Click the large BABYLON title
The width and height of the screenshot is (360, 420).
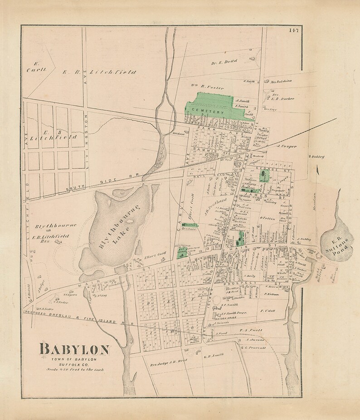pos(74,350)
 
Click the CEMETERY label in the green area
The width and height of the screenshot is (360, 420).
pos(208,111)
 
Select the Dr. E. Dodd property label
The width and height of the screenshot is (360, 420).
pos(224,62)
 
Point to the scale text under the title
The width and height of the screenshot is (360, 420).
pos(75,370)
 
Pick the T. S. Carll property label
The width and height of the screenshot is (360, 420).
pos(251,331)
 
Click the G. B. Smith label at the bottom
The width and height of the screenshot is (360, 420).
pos(213,356)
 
